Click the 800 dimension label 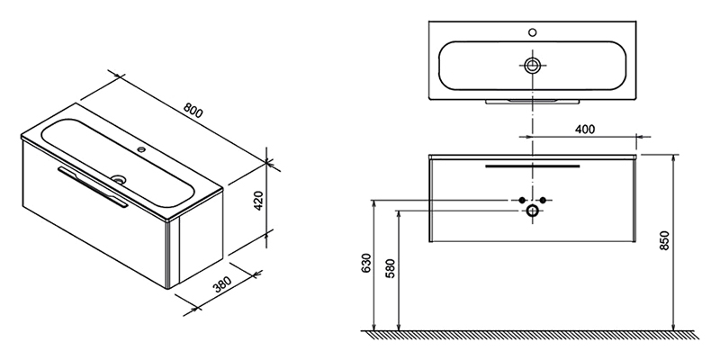[193, 110]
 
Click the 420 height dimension [258, 200]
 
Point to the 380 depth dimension [221, 286]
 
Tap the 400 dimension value [584, 129]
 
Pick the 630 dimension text [366, 263]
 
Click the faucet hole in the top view [532, 32]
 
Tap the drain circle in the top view [532, 65]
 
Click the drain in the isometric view [119, 179]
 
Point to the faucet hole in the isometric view [142, 149]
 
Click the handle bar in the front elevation [533, 166]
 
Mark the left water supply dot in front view [521, 200]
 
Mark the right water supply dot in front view [543, 200]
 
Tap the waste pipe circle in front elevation [532, 211]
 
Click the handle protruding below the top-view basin [533, 102]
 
